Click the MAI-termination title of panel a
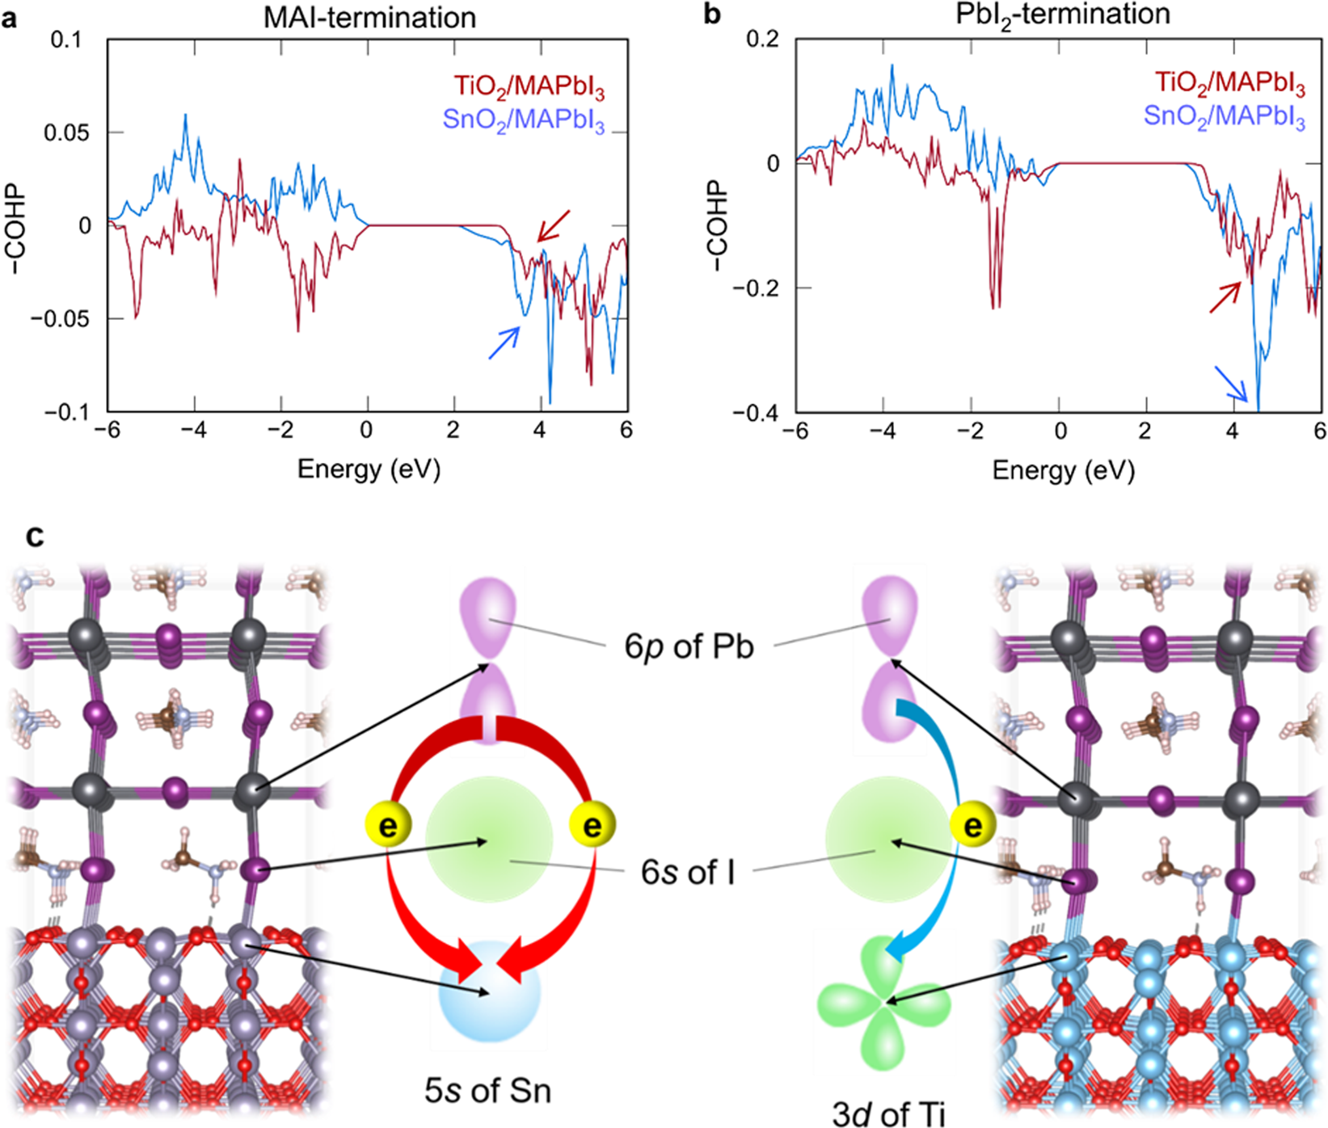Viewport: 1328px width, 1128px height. [x=369, y=18]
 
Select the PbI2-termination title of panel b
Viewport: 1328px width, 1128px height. [x=1062, y=15]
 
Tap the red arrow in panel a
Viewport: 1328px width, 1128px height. [x=554, y=225]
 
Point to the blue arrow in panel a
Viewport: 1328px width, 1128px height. [x=504, y=343]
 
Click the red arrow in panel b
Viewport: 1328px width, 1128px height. [x=1225, y=297]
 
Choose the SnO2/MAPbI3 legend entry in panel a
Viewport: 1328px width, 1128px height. [x=523, y=120]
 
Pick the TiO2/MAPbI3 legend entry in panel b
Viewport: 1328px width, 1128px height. [x=1229, y=82]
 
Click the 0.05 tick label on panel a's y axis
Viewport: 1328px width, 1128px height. [x=66, y=133]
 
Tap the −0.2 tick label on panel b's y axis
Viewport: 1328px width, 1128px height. [x=757, y=288]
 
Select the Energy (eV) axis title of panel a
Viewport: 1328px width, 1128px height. [x=369, y=469]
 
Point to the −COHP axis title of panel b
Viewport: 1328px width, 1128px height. [x=715, y=225]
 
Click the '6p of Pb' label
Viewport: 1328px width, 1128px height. [x=689, y=646]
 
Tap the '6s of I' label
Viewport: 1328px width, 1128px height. [x=688, y=872]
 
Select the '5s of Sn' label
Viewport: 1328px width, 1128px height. [x=487, y=1091]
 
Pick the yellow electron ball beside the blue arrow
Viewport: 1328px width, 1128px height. [x=972, y=826]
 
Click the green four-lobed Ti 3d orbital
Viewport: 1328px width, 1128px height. [x=886, y=1002]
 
